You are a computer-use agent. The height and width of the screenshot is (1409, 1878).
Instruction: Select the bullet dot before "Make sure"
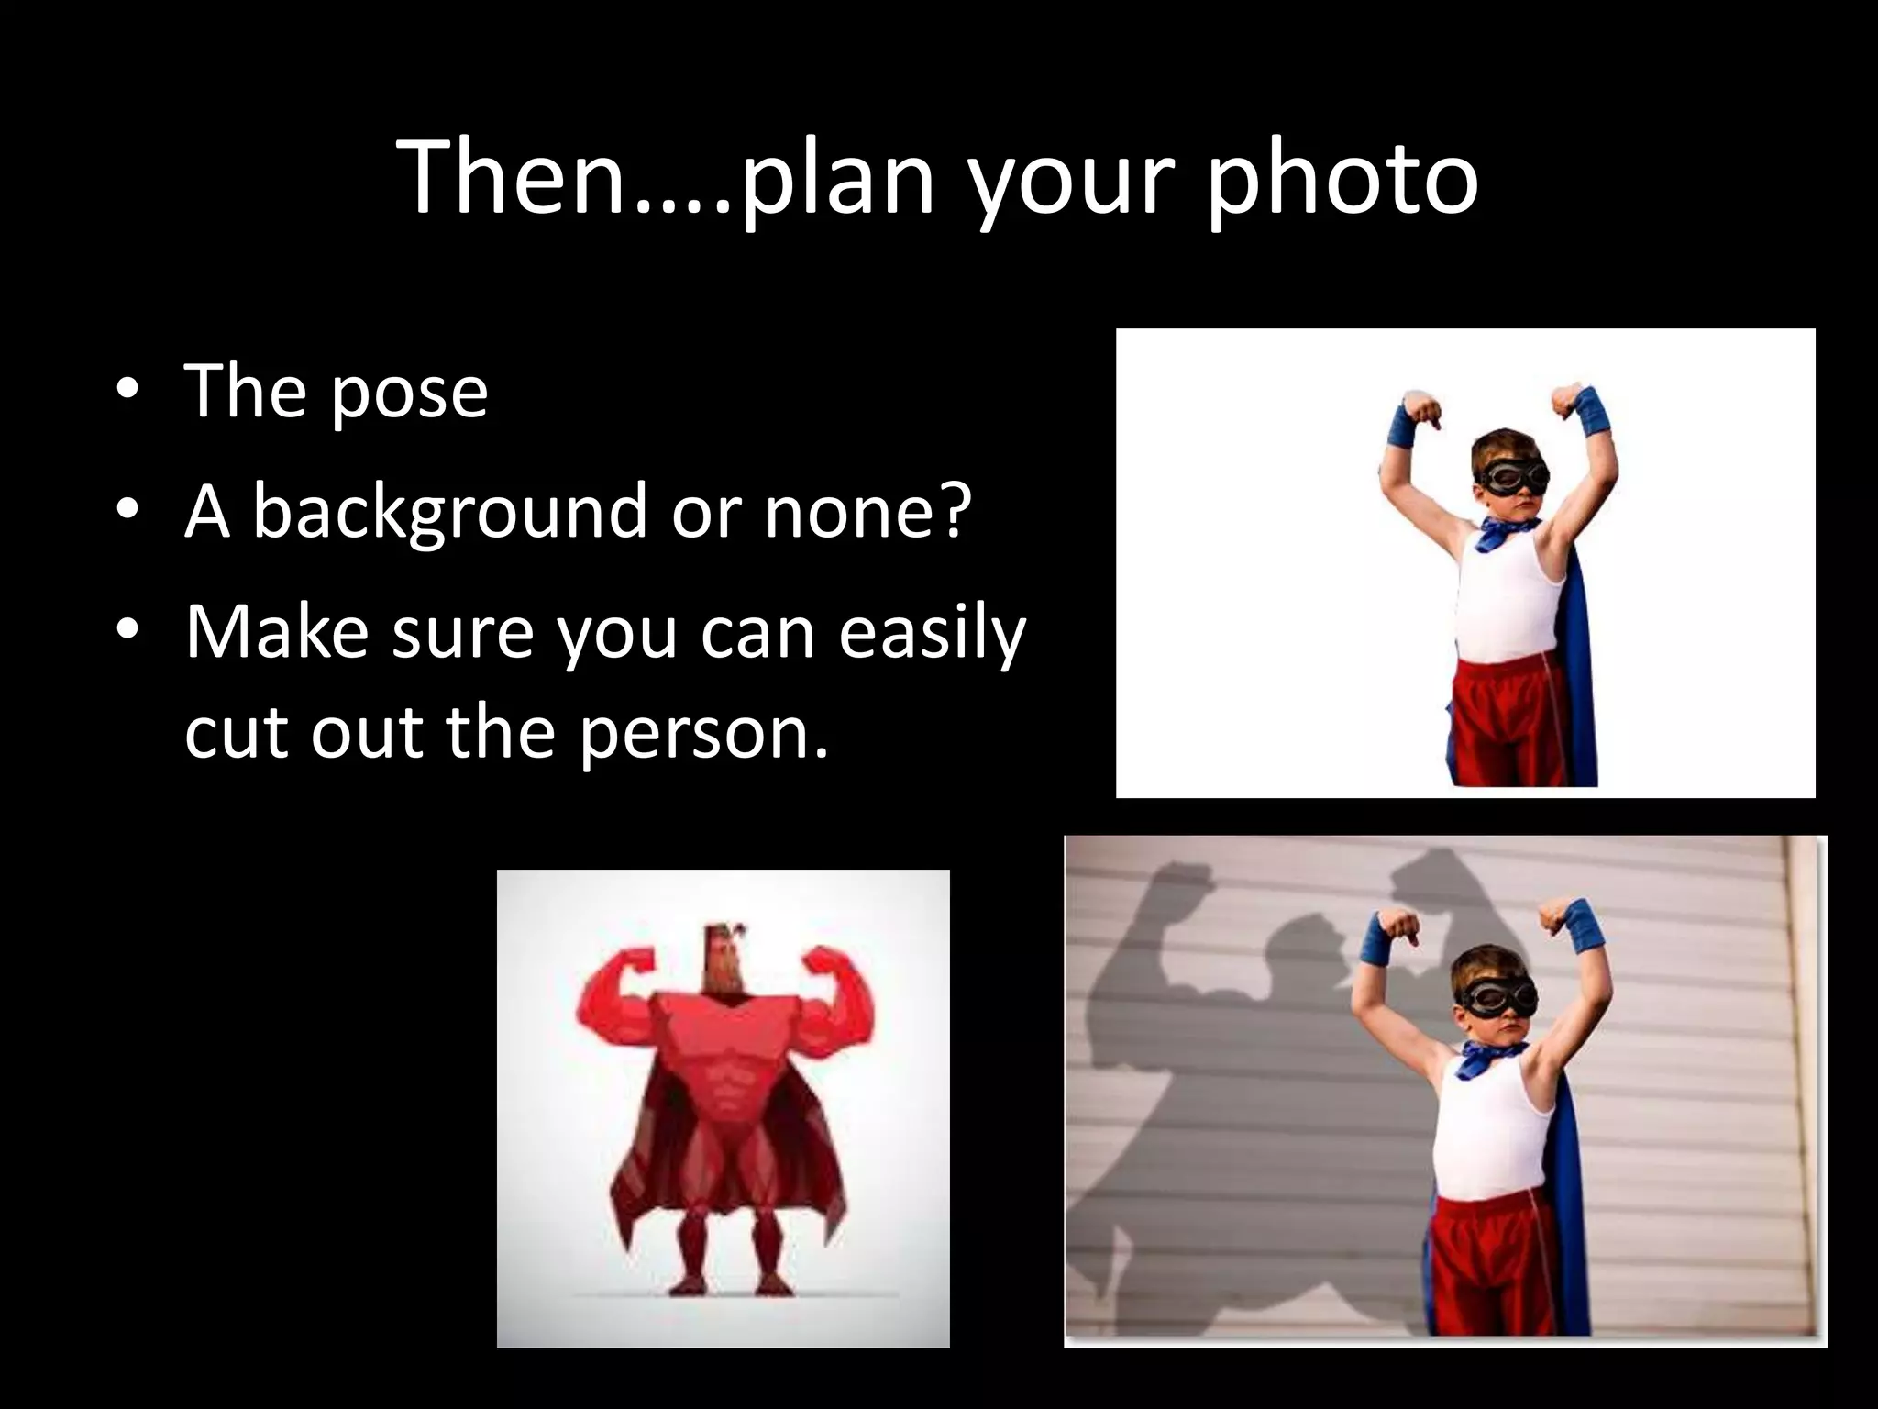[127, 631]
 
